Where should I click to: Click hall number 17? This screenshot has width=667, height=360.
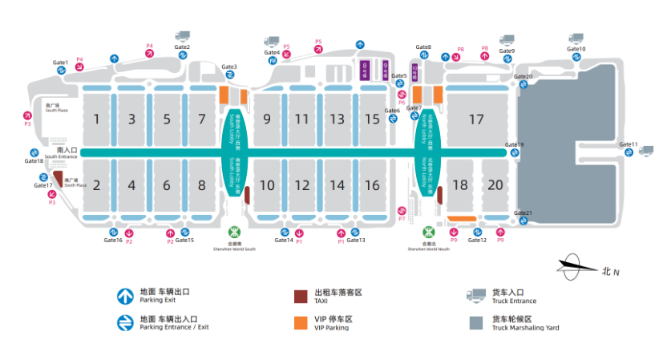(477, 119)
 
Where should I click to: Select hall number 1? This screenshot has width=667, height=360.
(96, 119)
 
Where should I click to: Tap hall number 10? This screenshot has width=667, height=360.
(267, 185)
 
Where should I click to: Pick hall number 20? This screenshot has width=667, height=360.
(495, 184)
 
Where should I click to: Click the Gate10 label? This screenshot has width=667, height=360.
(576, 49)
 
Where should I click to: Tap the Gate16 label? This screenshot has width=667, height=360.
(112, 241)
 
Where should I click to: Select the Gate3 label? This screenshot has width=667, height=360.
(229, 67)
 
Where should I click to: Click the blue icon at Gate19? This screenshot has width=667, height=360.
(515, 153)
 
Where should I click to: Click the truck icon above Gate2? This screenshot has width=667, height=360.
(182, 36)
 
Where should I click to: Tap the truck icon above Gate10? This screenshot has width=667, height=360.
(576, 38)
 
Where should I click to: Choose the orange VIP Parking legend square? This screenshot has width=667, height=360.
(301, 322)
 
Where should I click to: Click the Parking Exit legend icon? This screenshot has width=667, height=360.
(124, 296)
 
